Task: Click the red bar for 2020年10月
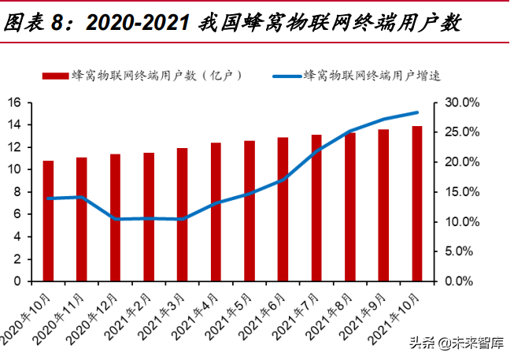tap(48, 221)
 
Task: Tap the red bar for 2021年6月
tap(283, 209)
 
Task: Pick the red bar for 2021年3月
tap(182, 214)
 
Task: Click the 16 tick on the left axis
tap(14, 102)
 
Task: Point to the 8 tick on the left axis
tap(17, 191)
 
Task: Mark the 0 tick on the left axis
tap(17, 280)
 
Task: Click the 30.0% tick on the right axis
tap(460, 102)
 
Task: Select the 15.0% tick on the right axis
tap(460, 191)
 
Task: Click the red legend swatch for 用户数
tap(54, 76)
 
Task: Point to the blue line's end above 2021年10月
tap(416, 113)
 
